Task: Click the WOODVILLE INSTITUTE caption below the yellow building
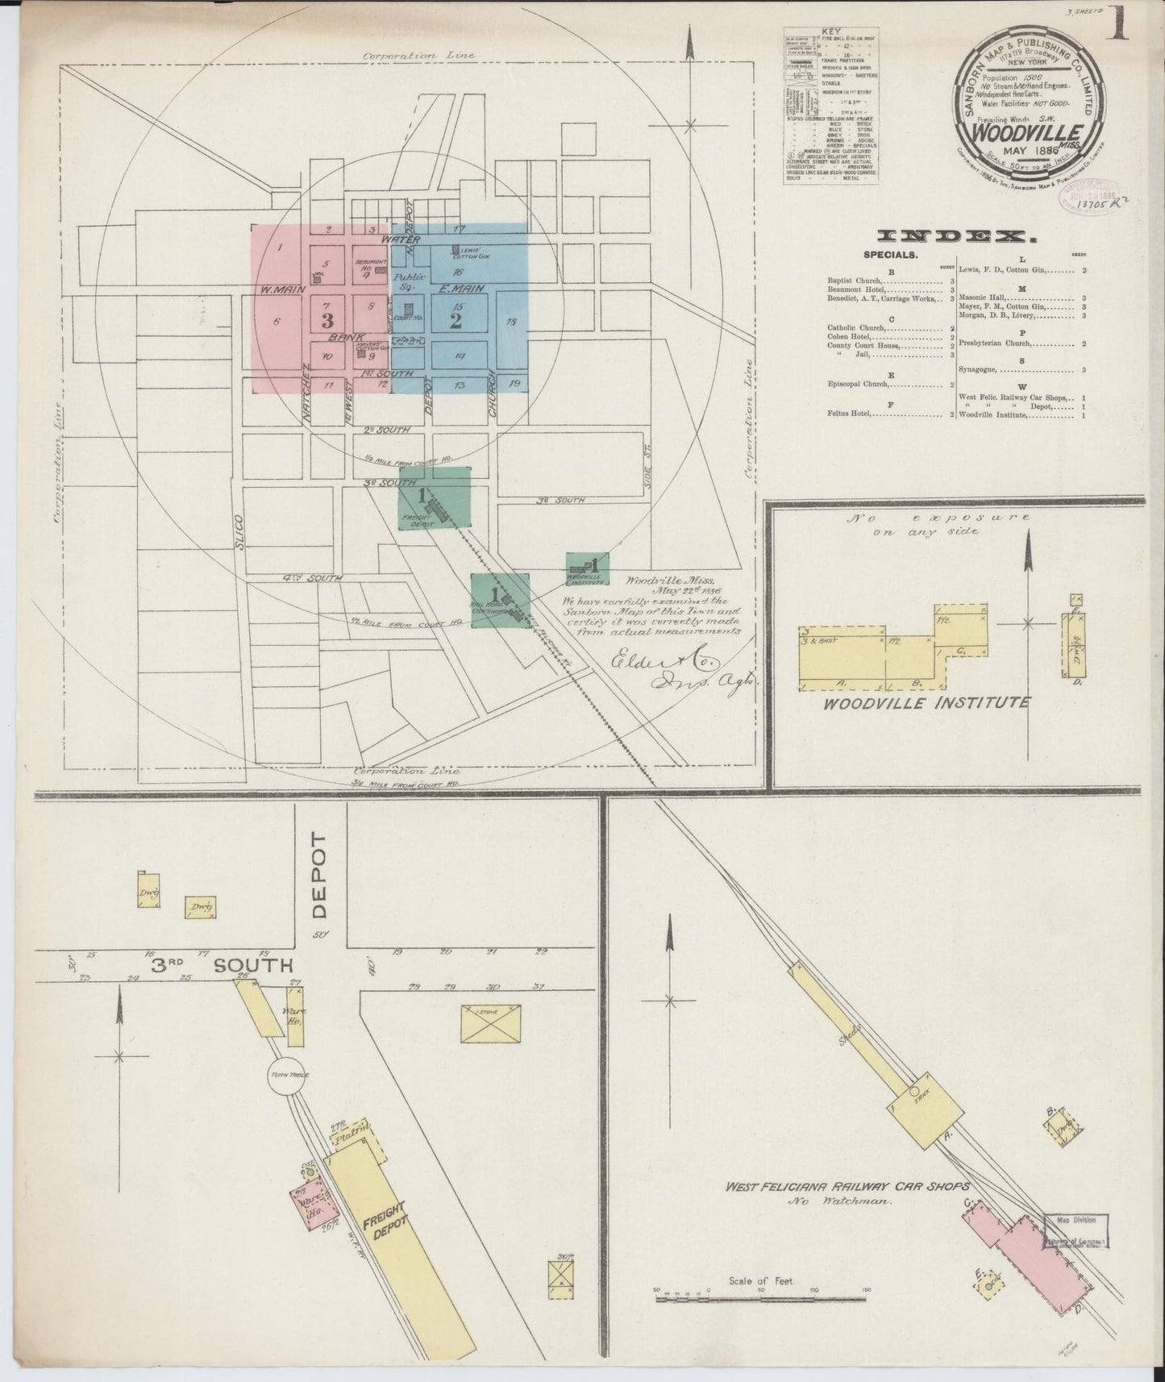tap(926, 702)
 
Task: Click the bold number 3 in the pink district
tap(327, 320)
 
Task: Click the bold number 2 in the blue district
tap(456, 320)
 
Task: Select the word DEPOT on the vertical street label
tap(319, 876)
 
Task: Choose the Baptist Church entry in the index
tap(883, 281)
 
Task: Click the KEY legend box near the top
tap(830, 105)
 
